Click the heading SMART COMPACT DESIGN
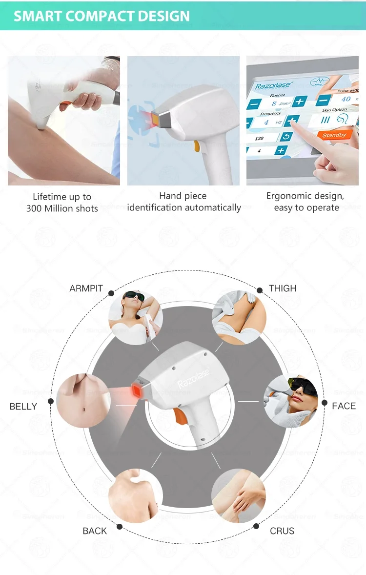pos(102,16)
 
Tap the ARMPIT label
pos(86,288)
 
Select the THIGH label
pos(283,288)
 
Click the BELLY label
pos(23,406)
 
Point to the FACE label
pos(344,406)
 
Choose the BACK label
pos(94,531)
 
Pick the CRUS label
pos(282,531)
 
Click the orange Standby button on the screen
pos(334,135)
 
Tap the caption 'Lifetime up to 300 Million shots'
pos(62,203)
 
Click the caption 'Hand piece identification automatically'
pos(183,202)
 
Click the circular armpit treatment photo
pos(135,317)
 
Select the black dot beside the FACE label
pos(325,403)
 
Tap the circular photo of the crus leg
pos(239,495)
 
